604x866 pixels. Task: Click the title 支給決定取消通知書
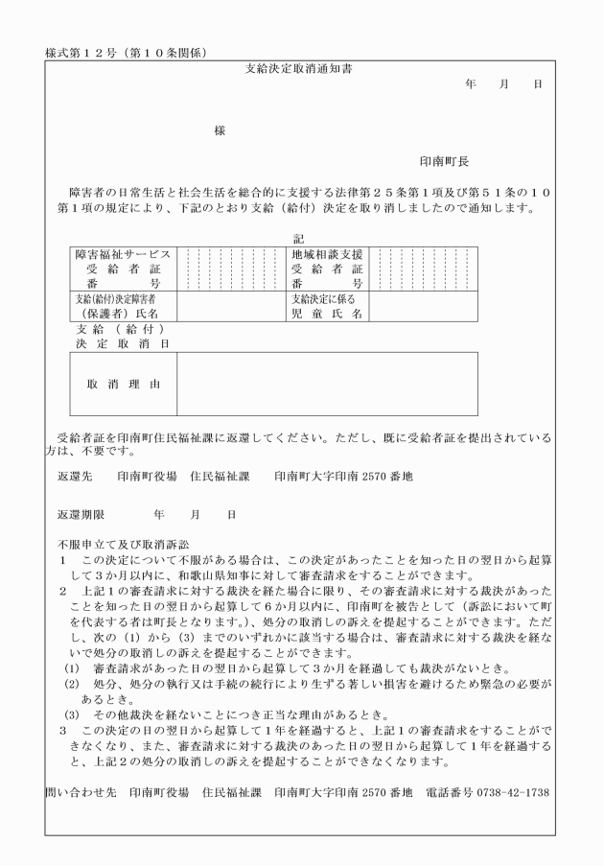[x=297, y=69]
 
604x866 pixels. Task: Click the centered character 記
[x=297, y=237]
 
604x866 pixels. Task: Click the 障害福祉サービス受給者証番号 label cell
[x=124, y=269]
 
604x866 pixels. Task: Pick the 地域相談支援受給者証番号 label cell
[x=328, y=269]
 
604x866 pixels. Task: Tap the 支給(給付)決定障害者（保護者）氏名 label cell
[x=124, y=306]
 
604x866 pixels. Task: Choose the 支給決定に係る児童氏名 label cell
[x=328, y=306]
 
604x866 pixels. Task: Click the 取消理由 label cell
[x=124, y=384]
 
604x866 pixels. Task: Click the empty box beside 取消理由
[x=327, y=384]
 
